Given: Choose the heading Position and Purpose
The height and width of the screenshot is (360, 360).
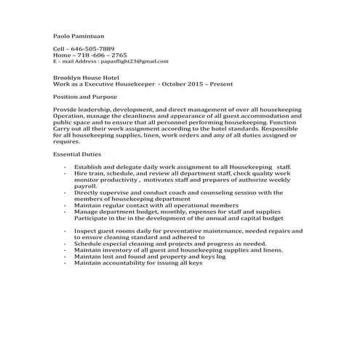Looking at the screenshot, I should click(x=85, y=97).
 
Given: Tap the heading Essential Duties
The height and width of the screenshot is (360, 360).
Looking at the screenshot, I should click(x=77, y=154).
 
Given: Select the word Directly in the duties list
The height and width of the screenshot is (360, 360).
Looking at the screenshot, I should click(x=87, y=193).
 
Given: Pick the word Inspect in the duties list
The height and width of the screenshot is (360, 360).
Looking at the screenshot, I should click(x=86, y=231).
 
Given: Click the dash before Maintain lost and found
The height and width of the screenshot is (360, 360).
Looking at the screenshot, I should click(x=66, y=256).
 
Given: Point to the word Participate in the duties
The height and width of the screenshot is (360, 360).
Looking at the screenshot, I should click(x=92, y=217).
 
